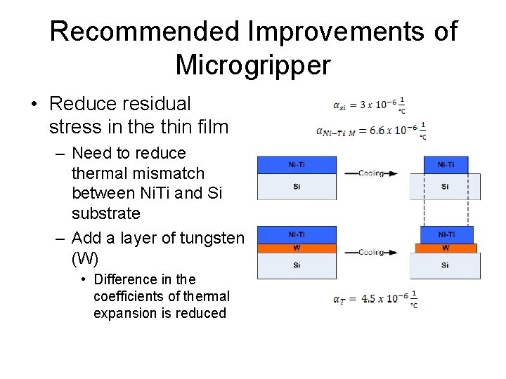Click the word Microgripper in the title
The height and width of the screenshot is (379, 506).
(x=253, y=65)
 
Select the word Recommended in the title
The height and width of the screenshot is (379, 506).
(x=145, y=31)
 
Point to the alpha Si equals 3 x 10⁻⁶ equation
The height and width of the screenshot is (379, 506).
(x=369, y=105)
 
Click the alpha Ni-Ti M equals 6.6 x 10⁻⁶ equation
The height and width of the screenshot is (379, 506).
(x=370, y=130)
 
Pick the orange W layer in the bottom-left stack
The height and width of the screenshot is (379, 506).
(x=297, y=248)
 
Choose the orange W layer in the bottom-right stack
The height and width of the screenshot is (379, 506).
(x=446, y=248)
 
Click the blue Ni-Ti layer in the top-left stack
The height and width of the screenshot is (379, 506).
(x=297, y=165)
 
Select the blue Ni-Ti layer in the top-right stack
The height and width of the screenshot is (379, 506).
(x=446, y=165)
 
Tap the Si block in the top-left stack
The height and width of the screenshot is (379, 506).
(x=297, y=187)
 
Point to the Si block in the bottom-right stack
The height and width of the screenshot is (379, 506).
(x=446, y=266)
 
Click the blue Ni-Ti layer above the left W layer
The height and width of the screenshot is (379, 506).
(x=297, y=234)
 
